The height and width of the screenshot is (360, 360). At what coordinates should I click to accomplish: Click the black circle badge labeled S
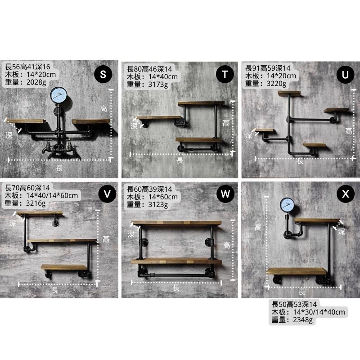coord(103,74)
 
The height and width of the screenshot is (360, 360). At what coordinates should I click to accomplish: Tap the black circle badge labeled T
coord(225,74)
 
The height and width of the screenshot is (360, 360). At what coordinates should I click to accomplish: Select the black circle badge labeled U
coord(345,74)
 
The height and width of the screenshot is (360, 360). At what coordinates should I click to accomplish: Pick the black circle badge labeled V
coord(107,194)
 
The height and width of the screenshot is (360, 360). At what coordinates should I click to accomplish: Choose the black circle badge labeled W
coord(225,194)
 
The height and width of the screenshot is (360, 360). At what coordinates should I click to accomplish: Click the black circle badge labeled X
coord(346,194)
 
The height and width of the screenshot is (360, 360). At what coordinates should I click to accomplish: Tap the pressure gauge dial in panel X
coord(287,205)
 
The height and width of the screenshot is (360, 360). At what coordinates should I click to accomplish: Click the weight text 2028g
coord(36,82)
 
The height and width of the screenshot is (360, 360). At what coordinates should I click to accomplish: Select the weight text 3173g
coord(158,84)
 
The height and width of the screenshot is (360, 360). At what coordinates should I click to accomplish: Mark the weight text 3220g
coord(276,83)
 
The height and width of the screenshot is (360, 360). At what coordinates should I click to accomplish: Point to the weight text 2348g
coord(303,319)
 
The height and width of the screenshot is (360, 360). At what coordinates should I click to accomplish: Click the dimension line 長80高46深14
coord(149,69)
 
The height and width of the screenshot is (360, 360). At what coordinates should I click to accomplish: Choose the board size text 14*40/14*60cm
coord(52,196)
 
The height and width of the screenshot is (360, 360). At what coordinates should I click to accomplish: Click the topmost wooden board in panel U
coord(289,93)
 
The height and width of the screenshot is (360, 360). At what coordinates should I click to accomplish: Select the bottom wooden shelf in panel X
coord(297,271)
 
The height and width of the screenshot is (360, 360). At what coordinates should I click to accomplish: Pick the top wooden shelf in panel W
coord(176,223)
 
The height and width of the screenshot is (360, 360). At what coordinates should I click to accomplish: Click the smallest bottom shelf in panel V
coord(64,267)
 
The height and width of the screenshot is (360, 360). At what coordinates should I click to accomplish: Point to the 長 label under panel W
coord(176,288)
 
